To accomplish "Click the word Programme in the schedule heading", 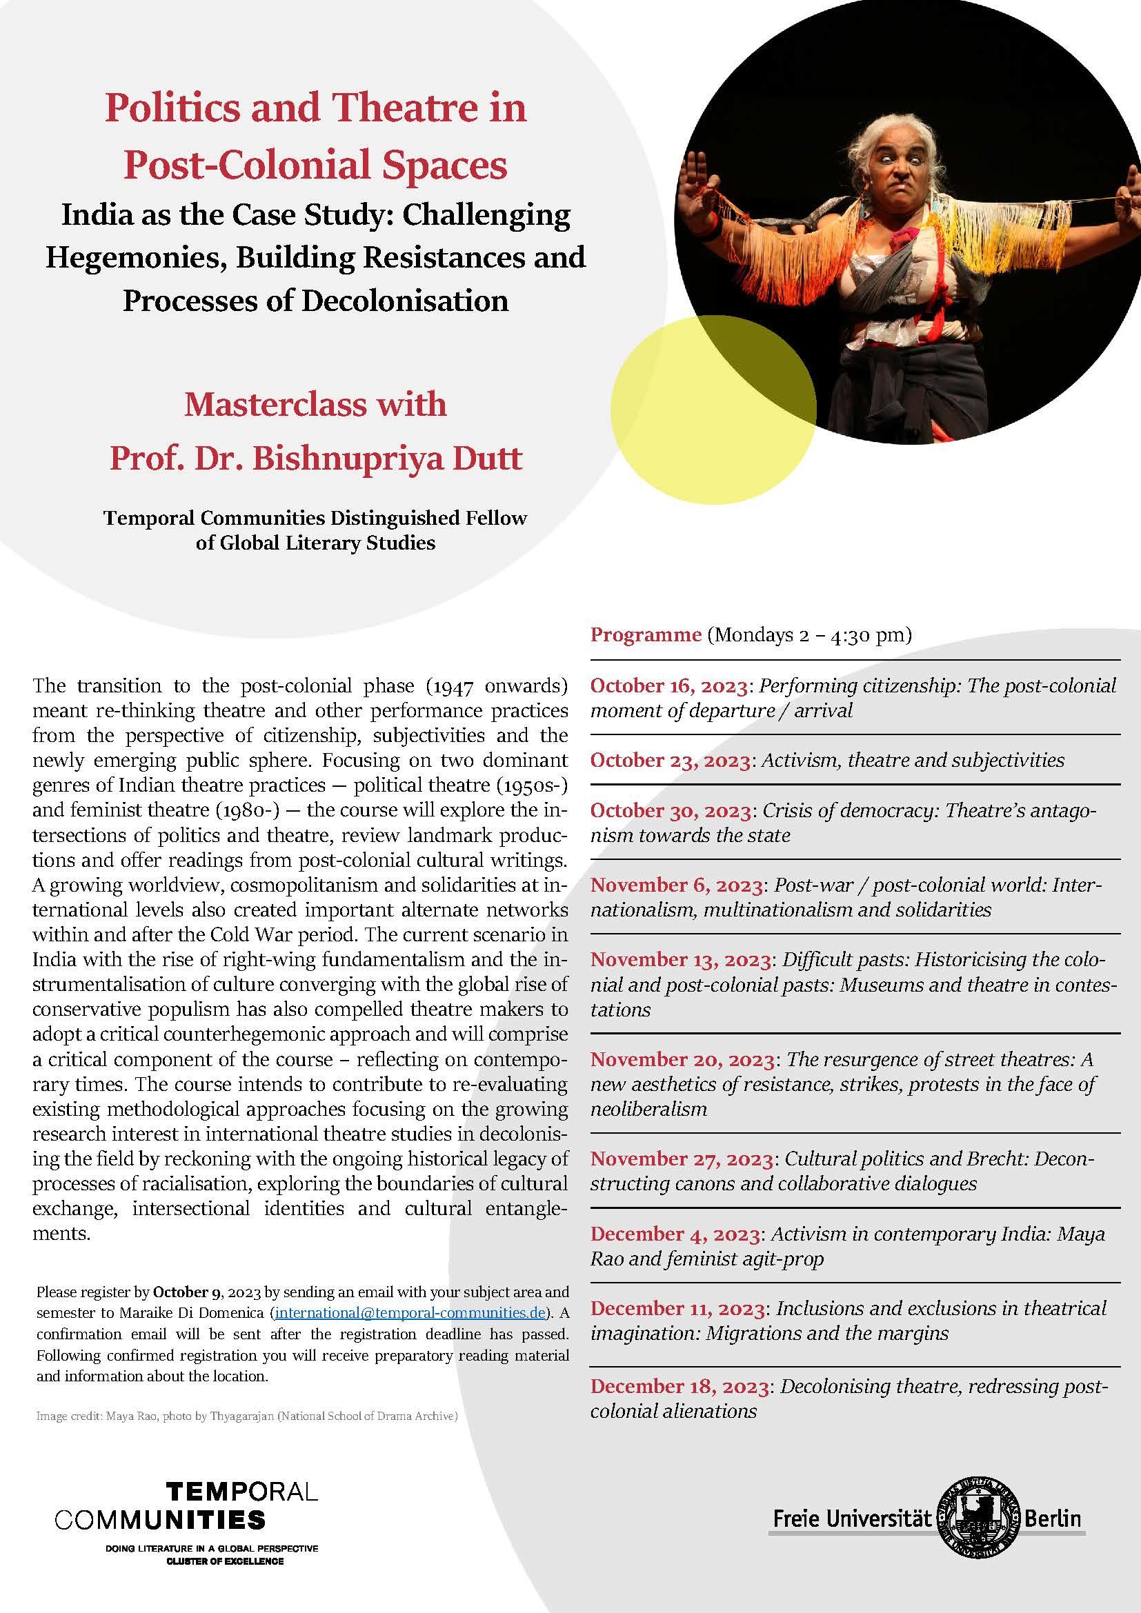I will pos(646,634).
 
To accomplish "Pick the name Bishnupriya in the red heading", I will pos(357,458).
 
